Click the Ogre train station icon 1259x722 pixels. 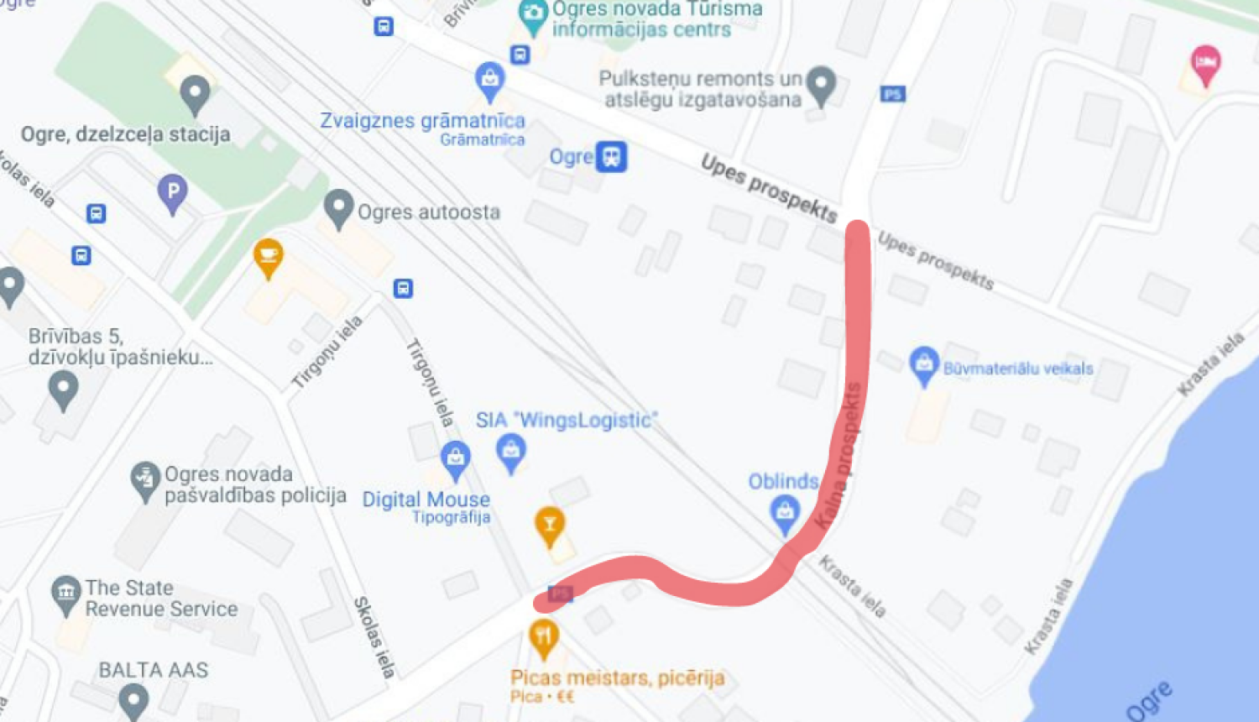coord(611,157)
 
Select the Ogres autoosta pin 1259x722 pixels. coord(338,208)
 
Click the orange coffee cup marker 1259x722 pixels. coord(268,258)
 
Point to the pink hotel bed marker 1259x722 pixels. coord(1205,64)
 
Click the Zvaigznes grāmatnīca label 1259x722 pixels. coord(422,121)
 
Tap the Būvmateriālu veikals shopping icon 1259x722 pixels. coord(923,365)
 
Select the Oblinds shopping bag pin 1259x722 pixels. coord(785,513)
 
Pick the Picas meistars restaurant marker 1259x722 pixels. coord(544,639)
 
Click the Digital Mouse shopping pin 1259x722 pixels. coord(455,460)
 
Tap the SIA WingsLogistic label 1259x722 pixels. coord(567,420)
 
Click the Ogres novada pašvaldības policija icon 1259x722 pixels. coord(145,481)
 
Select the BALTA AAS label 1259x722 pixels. coord(154,670)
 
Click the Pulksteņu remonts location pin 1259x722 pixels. coord(821,85)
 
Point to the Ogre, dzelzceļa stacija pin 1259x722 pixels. coord(195,94)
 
